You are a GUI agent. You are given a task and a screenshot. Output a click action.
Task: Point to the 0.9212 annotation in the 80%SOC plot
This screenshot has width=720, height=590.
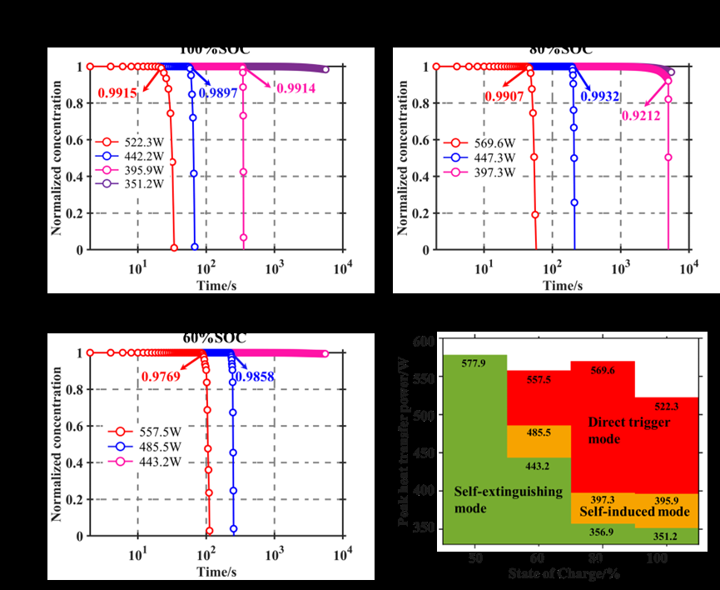click(x=641, y=115)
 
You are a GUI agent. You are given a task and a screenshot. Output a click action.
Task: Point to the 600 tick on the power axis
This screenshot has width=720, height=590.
click(x=424, y=342)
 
